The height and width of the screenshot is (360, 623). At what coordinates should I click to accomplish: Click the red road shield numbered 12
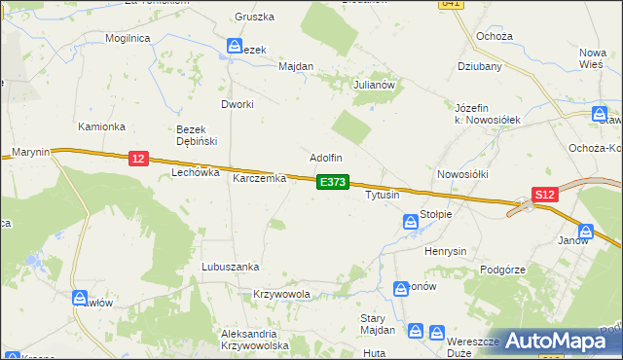pyautogui.click(x=137, y=158)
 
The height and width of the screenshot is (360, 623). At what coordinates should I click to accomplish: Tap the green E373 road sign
pyautogui.click(x=332, y=182)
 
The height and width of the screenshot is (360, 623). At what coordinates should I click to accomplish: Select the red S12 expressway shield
pyautogui.click(x=545, y=195)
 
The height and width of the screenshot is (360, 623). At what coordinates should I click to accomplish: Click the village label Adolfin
pyautogui.click(x=326, y=157)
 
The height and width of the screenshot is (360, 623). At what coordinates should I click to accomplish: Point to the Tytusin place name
pyautogui.click(x=382, y=196)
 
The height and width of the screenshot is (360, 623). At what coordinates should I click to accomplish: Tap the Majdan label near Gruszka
pyautogui.click(x=296, y=67)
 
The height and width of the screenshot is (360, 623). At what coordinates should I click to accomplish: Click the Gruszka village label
pyautogui.click(x=255, y=18)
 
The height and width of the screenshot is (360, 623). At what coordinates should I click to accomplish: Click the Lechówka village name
pyautogui.click(x=191, y=172)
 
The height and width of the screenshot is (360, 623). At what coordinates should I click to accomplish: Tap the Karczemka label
pyautogui.click(x=259, y=179)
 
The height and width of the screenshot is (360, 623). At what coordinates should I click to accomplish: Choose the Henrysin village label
pyautogui.click(x=447, y=251)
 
